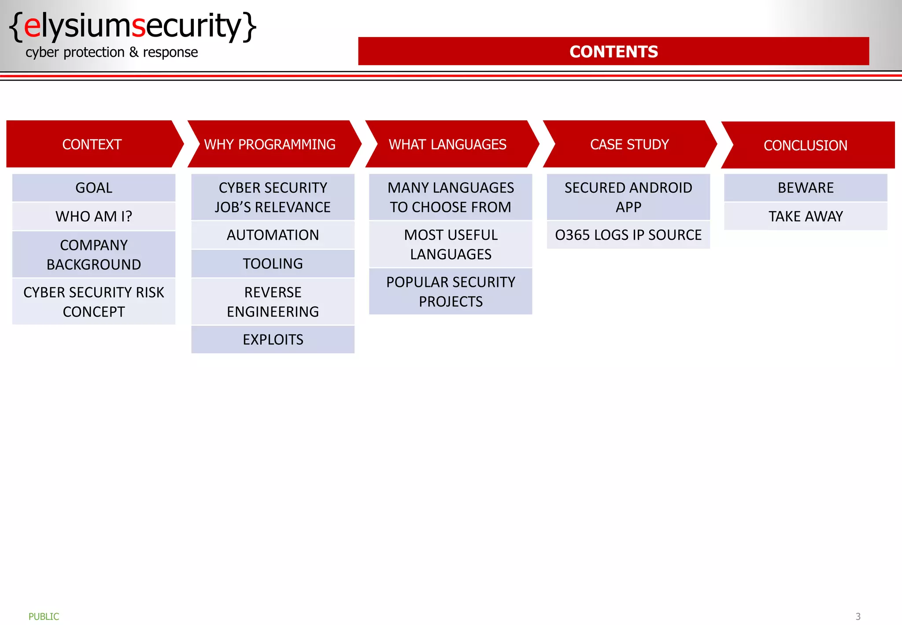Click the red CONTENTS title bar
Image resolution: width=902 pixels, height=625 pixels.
(613, 52)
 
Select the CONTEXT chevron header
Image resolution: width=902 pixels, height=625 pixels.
(92, 144)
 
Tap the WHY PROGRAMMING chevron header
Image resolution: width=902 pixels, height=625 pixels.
(270, 144)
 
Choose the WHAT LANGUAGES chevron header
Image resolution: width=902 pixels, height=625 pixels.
(448, 144)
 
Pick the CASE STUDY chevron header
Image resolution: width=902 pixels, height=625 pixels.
(629, 144)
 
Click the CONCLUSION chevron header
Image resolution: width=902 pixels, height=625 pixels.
(806, 145)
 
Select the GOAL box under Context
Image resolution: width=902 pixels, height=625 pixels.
(94, 188)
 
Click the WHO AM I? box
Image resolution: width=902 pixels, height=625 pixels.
(94, 216)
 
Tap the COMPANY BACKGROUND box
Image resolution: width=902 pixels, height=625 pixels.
(94, 255)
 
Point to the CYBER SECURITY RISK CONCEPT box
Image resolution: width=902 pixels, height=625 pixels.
(94, 302)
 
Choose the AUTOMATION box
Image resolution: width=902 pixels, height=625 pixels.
(273, 235)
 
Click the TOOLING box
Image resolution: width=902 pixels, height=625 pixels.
(273, 264)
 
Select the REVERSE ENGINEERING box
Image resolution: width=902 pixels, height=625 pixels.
(273, 302)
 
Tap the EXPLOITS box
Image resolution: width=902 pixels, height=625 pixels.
(273, 339)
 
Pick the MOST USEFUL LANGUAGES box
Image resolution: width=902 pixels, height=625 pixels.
(451, 245)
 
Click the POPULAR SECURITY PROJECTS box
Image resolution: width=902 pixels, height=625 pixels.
(451, 292)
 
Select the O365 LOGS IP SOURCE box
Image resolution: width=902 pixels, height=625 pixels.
(628, 235)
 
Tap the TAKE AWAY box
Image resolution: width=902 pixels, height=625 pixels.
(806, 216)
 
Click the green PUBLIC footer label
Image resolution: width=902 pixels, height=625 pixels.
(44, 617)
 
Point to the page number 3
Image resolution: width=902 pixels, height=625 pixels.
(858, 617)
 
